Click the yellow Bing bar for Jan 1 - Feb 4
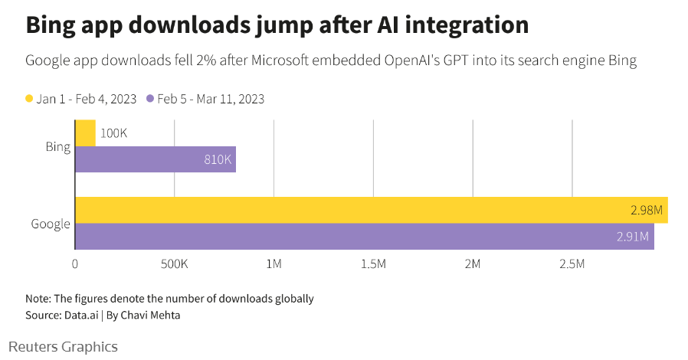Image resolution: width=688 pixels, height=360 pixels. (x=85, y=133)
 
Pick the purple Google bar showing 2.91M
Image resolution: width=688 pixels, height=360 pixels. (x=364, y=236)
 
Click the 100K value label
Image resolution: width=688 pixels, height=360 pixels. (x=113, y=133)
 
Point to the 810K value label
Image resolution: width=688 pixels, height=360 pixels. (x=218, y=159)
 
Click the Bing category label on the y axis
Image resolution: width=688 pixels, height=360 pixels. (x=58, y=146)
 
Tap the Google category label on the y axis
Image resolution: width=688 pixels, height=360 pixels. (x=51, y=224)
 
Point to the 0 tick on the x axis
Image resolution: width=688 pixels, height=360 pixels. (x=75, y=264)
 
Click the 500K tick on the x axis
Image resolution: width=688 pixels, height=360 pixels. (x=174, y=264)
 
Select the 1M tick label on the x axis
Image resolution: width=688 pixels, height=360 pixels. (x=274, y=264)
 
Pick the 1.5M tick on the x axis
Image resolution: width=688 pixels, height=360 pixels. (x=373, y=264)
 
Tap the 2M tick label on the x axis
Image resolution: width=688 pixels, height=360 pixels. (x=473, y=264)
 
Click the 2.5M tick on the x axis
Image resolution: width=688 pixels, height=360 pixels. (x=572, y=264)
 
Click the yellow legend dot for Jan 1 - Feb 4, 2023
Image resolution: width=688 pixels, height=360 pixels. (x=30, y=99)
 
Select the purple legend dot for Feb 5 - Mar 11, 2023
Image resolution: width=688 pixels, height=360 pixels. (x=151, y=99)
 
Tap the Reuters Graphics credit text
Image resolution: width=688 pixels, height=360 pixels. (x=64, y=347)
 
